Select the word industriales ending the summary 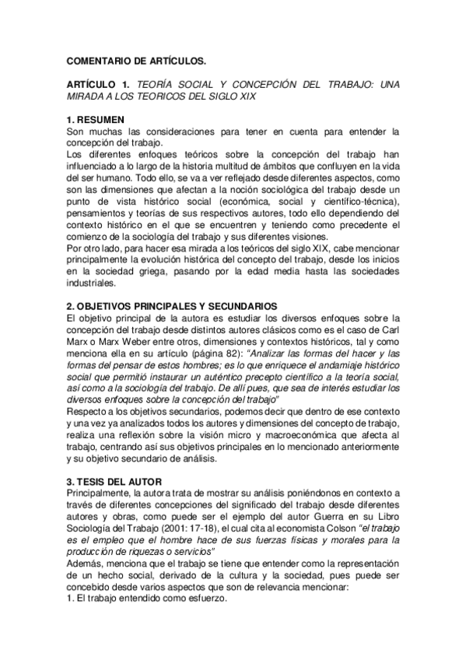click(x=93, y=283)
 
